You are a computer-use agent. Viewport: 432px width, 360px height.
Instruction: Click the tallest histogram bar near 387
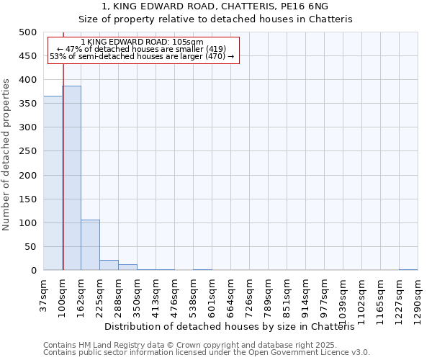click(71, 178)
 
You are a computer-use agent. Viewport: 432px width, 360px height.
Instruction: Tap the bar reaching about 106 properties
click(90, 245)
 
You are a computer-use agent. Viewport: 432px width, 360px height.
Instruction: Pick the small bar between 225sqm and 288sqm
click(109, 265)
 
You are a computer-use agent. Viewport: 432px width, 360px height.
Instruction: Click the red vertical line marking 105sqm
click(63, 166)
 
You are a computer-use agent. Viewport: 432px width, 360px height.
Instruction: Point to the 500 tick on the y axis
click(27, 32)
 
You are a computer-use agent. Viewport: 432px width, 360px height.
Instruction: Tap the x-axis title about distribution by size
click(235, 326)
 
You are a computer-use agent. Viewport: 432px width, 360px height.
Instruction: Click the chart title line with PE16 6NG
click(215, 6)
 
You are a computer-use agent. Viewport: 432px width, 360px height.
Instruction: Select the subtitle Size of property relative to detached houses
click(215, 19)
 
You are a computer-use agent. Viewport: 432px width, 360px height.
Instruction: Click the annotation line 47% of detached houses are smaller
click(142, 49)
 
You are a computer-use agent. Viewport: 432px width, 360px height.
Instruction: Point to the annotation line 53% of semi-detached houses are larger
click(142, 56)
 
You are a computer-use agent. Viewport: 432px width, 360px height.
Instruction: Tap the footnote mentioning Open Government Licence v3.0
click(207, 353)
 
